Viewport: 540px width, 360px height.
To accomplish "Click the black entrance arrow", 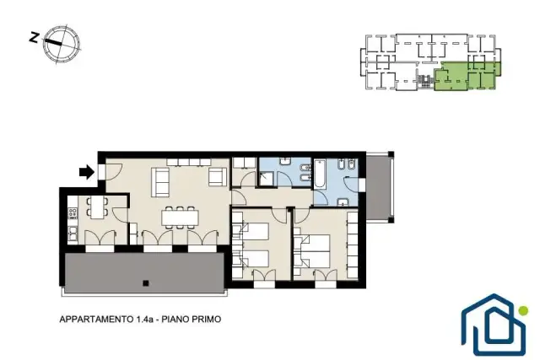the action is (87, 172).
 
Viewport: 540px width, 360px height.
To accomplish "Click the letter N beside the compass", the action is (34, 37).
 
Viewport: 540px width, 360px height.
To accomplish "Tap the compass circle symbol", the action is (62, 44).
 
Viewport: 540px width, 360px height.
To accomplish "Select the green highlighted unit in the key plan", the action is (467, 77).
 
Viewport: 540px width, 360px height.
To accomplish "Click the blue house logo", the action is (494, 325).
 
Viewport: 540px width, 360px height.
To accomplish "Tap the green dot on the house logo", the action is (523, 310).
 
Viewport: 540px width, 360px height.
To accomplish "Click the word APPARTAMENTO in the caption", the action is (95, 320).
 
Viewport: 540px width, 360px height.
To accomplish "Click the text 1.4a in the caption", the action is (143, 320).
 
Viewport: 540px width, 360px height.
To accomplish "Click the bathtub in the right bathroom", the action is (319, 175).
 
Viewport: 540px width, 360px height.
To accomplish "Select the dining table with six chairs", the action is (181, 218).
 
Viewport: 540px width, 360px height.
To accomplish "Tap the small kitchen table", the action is (98, 207).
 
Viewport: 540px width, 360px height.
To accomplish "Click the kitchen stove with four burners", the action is (73, 213).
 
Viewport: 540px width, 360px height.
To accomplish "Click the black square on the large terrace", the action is (146, 283).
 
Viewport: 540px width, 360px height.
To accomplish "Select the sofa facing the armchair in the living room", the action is (160, 182).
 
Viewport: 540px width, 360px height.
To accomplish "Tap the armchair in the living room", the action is (218, 177).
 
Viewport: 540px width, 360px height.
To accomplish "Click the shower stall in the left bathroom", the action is (267, 180).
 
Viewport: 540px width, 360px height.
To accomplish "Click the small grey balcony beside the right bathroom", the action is (378, 187).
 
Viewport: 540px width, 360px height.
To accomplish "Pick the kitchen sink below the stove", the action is (73, 233).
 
